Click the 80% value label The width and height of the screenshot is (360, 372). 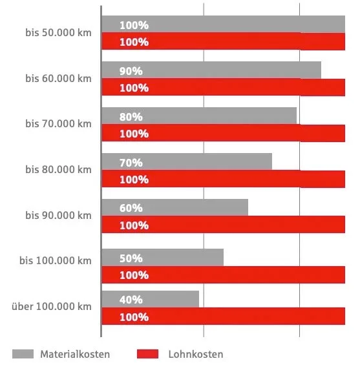click(131, 117)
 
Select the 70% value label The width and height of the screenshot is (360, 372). click(131, 163)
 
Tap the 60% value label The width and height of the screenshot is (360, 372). click(131, 208)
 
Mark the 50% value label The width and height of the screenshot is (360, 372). click(131, 258)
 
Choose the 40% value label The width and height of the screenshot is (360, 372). click(131, 300)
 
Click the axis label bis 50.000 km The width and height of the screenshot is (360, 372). click(58, 32)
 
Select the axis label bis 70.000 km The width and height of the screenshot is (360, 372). click(58, 123)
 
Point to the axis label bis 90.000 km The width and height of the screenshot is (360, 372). click(58, 215)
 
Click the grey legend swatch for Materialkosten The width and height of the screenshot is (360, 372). click(23, 354)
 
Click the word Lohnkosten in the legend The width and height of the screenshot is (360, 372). click(195, 354)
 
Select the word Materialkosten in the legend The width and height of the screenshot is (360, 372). click(75, 354)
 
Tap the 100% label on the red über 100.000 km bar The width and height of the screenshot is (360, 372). click(134, 317)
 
